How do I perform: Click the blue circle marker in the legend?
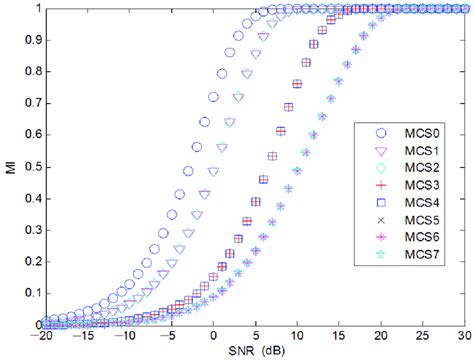point(378,131)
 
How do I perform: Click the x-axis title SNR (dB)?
point(241,351)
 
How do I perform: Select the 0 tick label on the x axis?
point(214,337)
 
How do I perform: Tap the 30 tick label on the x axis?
point(463,337)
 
